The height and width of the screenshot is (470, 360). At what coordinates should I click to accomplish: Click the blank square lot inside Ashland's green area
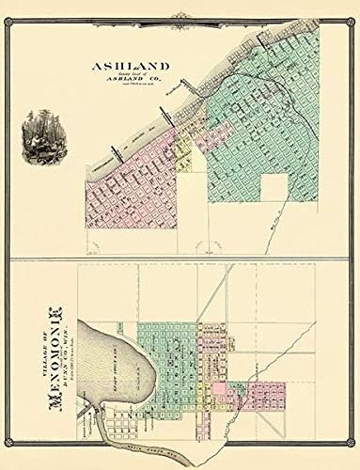[x=274, y=187]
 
